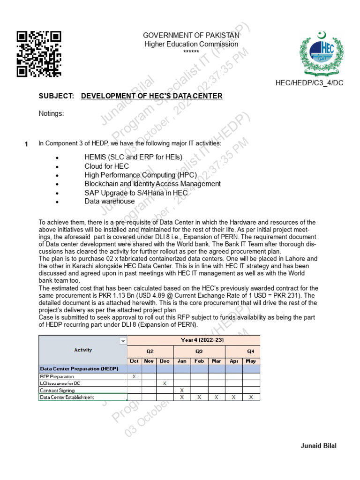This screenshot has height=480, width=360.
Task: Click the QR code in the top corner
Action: click(39, 53)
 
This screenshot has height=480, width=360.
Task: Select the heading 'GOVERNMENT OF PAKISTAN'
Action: click(191, 36)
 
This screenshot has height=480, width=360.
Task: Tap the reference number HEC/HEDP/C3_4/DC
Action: click(309, 83)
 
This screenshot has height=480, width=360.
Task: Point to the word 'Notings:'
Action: click(51, 113)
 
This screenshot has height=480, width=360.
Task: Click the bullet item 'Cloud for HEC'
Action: click(106, 166)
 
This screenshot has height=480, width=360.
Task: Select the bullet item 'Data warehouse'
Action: click(110, 201)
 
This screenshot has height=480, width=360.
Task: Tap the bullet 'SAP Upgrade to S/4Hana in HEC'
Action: click(136, 193)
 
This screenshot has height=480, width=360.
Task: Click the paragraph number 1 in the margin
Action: click(26, 144)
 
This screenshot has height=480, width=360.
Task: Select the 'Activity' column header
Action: click(83, 350)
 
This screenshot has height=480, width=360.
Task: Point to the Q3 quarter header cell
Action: click(199, 350)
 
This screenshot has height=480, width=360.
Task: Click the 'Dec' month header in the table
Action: click(165, 360)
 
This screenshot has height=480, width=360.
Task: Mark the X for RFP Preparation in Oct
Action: click(135, 376)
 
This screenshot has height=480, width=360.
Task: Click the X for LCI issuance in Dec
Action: click(165, 383)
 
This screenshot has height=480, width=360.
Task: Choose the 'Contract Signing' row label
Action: click(57, 390)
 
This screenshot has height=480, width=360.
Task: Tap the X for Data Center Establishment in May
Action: click(251, 397)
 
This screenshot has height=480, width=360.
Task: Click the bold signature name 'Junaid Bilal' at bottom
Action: click(318, 446)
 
